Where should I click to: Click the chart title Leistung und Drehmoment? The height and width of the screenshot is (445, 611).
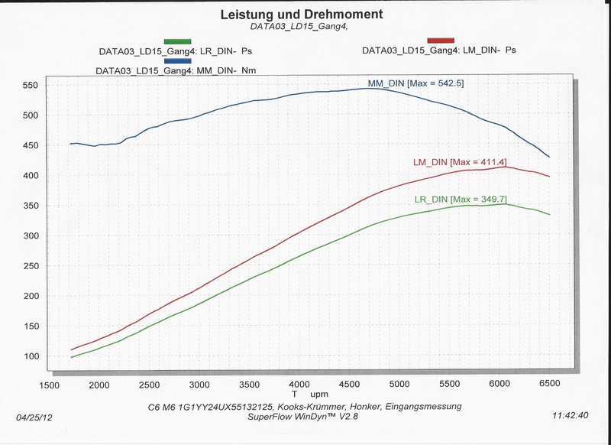click(302, 14)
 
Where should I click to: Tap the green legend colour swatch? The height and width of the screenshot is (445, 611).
click(177, 41)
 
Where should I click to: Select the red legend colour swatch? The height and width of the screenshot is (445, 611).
click(441, 40)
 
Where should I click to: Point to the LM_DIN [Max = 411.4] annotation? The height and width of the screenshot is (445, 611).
click(460, 162)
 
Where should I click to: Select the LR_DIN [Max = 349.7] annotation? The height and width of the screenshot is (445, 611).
click(461, 200)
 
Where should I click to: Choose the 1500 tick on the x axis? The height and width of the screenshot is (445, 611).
click(51, 384)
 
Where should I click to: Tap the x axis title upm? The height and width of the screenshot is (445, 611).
click(319, 393)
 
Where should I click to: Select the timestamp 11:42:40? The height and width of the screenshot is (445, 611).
click(569, 417)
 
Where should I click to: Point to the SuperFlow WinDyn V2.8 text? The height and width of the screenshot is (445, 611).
click(302, 417)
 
